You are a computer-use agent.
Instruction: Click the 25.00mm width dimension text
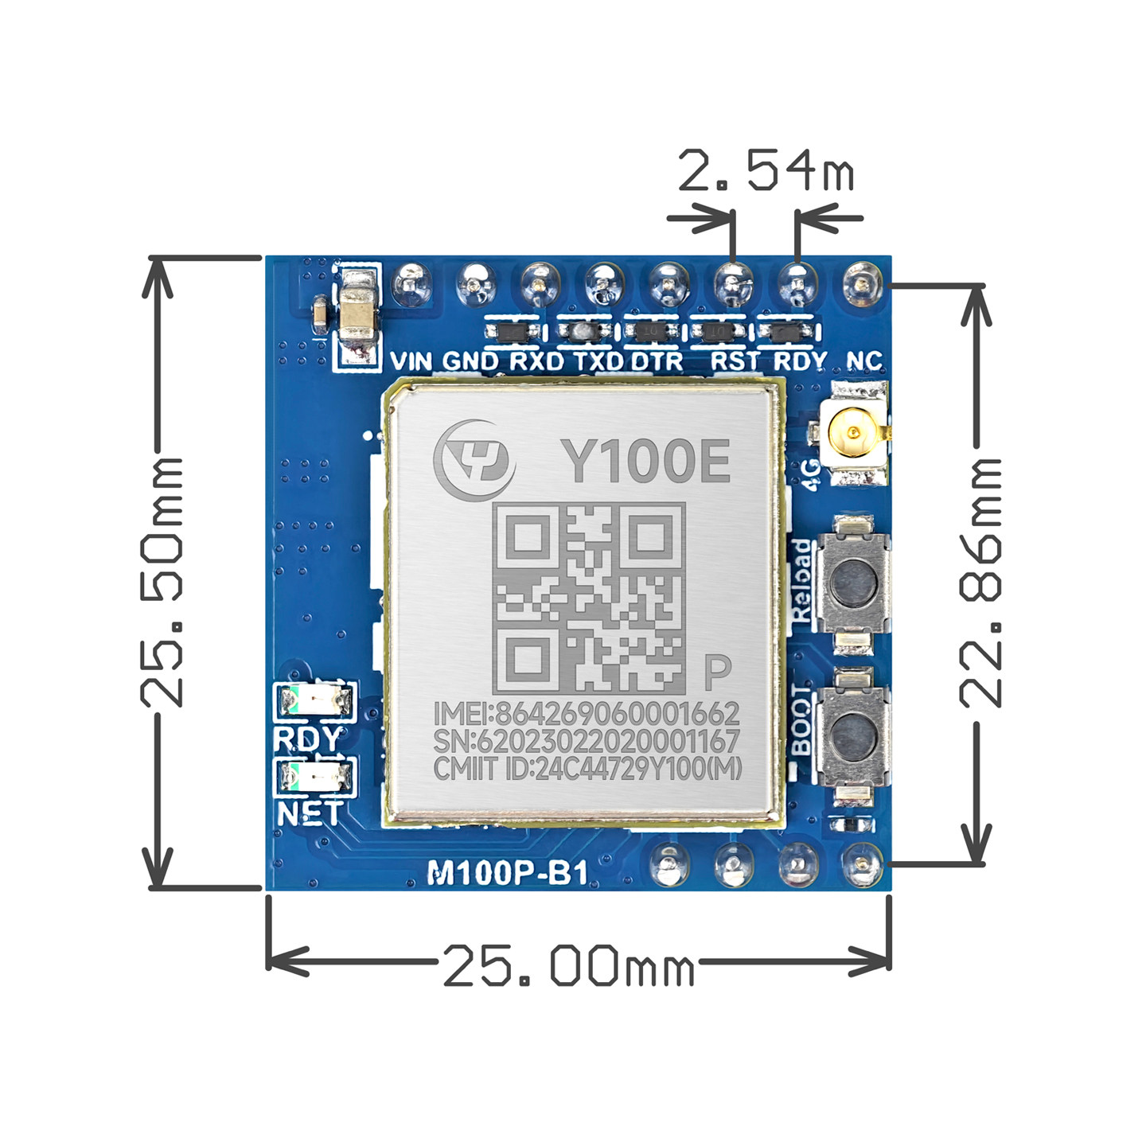click(x=568, y=965)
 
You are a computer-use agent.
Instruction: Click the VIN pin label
click(x=411, y=361)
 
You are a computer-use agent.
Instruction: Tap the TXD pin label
click(x=598, y=361)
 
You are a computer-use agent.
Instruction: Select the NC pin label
click(x=864, y=361)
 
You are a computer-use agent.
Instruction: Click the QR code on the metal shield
click(x=588, y=598)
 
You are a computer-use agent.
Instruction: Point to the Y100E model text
click(x=645, y=462)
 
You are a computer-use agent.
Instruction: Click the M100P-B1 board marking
click(x=508, y=874)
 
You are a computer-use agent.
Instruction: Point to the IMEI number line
click(x=587, y=712)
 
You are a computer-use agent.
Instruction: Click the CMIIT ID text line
click(x=587, y=769)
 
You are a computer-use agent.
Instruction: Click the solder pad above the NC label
click(x=862, y=283)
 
